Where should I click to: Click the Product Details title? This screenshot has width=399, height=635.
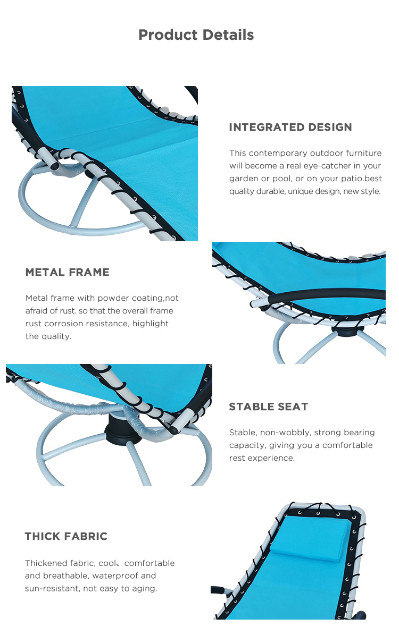click(x=196, y=35)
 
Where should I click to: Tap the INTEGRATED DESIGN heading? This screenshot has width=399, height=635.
click(x=290, y=127)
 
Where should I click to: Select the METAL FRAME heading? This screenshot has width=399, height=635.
click(x=68, y=272)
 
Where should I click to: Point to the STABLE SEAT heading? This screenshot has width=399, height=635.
click(x=269, y=407)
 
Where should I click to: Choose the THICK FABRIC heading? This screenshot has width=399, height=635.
click(x=66, y=536)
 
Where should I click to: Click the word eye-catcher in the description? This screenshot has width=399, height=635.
click(x=327, y=166)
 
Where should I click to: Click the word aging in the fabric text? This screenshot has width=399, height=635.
click(x=144, y=588)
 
